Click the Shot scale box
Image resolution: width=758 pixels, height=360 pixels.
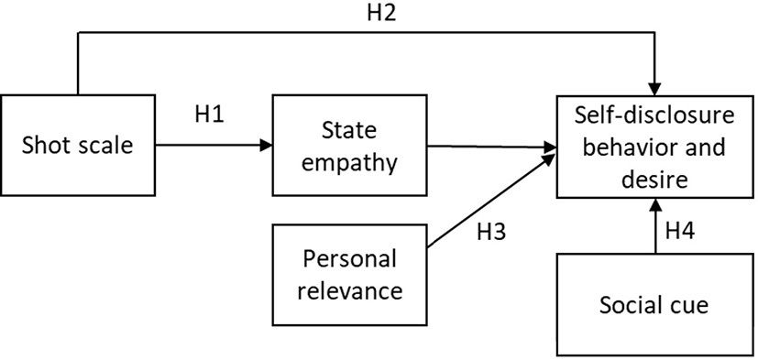click(78, 145)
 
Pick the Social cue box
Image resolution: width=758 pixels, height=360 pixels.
click(654, 305)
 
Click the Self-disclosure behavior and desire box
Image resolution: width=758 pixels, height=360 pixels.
click(654, 146)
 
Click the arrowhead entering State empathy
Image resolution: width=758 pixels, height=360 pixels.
click(267, 145)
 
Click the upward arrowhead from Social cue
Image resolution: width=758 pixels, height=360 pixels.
click(654, 204)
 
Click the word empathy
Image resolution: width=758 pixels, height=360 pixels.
click(352, 163)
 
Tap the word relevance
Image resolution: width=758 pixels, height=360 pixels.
click(352, 291)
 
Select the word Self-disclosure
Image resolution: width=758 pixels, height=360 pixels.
click(654, 116)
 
